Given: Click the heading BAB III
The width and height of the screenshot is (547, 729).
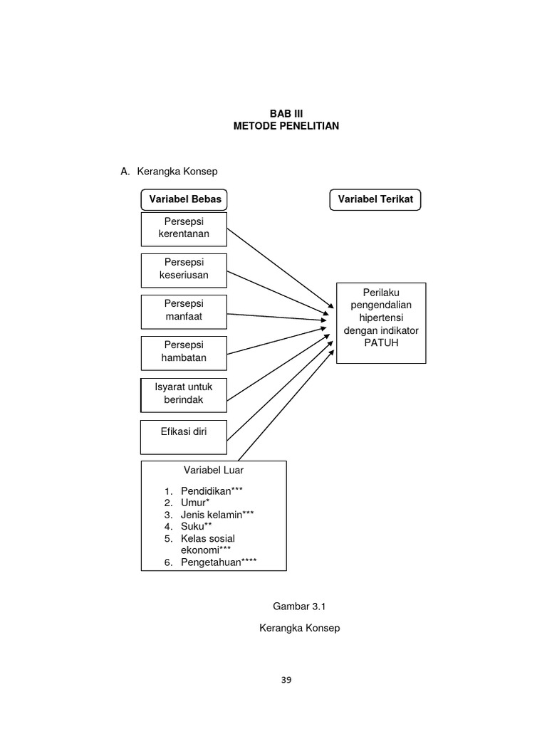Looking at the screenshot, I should coord(286,113).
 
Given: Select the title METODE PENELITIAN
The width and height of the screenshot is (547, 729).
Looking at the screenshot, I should coord(286,126).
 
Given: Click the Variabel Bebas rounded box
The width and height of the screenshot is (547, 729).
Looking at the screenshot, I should coord(185,199).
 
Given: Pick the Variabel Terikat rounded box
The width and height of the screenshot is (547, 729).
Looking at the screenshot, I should coord(375,199).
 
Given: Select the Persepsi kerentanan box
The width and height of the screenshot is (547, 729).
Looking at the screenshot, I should coord(184,228).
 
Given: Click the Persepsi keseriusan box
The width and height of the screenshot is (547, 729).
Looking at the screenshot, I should coord(184,269).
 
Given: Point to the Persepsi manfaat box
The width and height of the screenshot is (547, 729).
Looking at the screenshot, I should coord(184,310).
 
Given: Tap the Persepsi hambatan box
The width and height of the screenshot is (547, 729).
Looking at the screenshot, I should coord(184,352).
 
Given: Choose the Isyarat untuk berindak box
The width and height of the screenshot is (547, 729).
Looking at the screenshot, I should coord(184,394).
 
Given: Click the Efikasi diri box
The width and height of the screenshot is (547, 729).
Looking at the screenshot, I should coord(184,436).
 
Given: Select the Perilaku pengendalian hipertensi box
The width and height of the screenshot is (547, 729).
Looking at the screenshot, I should coord(381,322).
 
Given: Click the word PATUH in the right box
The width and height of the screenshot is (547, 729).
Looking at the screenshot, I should coord(381,342).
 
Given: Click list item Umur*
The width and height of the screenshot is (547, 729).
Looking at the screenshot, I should coord(199,503).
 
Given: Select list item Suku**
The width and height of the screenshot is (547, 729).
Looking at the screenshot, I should coord(201,526).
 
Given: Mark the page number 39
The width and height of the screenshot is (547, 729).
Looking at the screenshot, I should coord(286,680).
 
